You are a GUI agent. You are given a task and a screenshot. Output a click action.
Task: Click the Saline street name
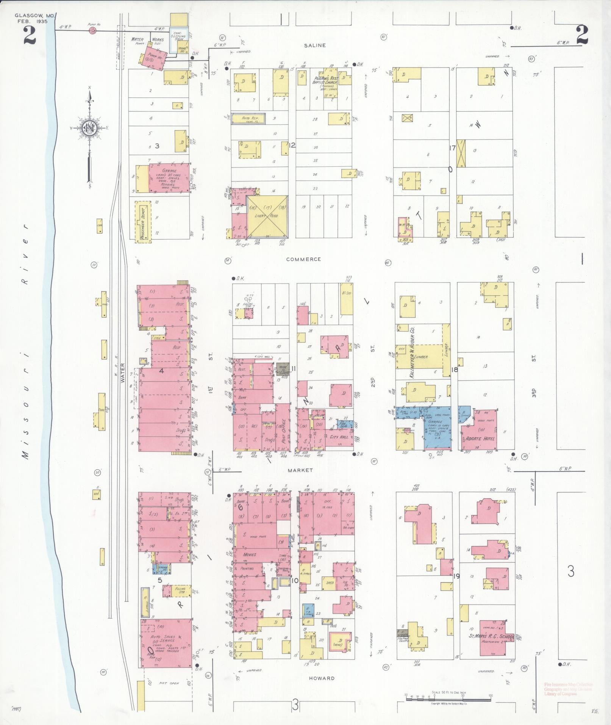click(315, 45)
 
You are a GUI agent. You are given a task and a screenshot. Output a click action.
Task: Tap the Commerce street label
click(303, 259)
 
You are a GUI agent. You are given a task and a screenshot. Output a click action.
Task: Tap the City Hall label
click(339, 437)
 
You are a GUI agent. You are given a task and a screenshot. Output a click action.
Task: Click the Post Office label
click(283, 426)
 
